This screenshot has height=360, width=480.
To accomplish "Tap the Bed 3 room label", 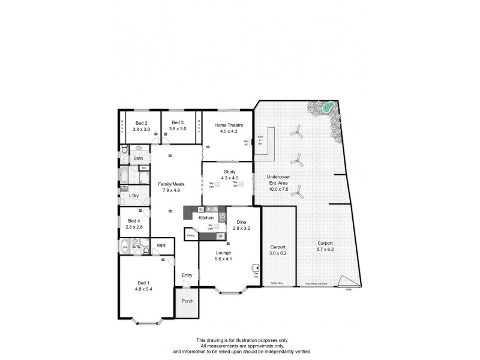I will tap(178, 122).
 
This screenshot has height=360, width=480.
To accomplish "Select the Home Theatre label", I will tap(229, 125).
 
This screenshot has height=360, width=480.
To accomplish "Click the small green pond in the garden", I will tap(328, 107).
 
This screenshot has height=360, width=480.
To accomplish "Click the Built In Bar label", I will tap(260, 140).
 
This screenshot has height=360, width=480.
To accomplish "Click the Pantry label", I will tap(191, 236).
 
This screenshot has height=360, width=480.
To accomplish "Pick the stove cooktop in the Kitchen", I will tap(222, 218).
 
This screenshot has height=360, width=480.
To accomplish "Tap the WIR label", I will tap(161, 245).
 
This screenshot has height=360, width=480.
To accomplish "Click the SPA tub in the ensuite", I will tap(125, 247).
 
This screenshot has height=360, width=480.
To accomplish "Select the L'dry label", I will tap(134, 196).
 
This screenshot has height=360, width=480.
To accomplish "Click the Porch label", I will tap(187, 301).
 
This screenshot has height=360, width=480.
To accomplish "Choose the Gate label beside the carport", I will tap(348, 290).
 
